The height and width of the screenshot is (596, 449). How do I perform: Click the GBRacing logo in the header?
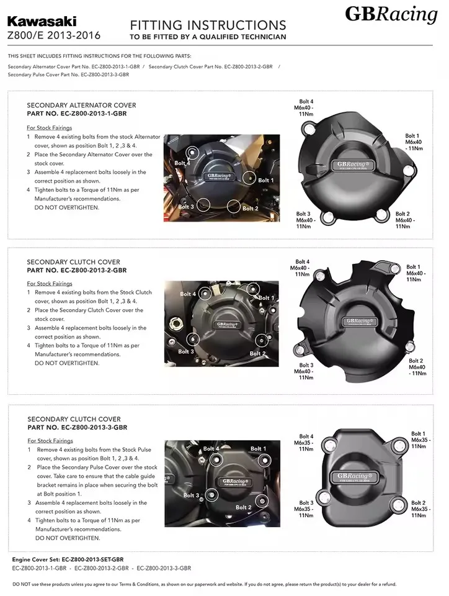click(x=391, y=14)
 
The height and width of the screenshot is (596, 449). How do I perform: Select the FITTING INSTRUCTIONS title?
click(x=208, y=25)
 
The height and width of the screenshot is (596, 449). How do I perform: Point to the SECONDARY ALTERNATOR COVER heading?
click(x=81, y=106)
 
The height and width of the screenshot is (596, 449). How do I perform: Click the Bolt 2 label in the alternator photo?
click(x=251, y=209)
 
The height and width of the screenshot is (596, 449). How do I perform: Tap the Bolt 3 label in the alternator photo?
click(x=187, y=206)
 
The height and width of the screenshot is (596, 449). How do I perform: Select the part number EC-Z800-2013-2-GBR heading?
click(x=77, y=271)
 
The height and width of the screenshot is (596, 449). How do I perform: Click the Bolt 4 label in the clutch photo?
click(x=188, y=294)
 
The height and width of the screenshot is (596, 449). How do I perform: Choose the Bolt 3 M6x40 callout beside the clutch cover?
click(x=306, y=371)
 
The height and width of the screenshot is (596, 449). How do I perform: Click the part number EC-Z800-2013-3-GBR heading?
click(x=78, y=428)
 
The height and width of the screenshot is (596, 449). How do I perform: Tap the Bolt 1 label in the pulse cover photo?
click(x=259, y=448)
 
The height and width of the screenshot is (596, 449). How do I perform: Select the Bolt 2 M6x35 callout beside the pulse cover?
click(x=419, y=509)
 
